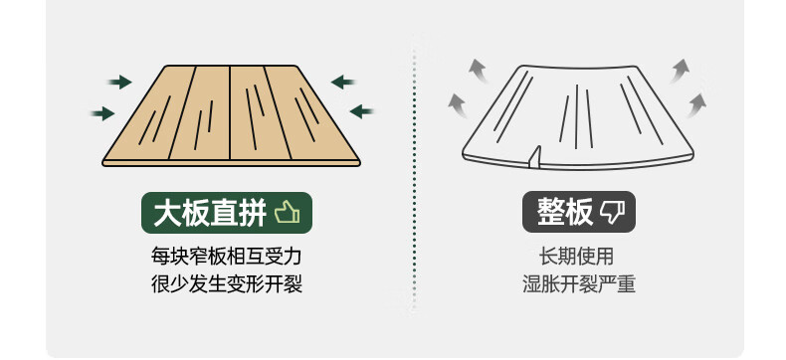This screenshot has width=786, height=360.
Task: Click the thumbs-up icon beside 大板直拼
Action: (x=288, y=212)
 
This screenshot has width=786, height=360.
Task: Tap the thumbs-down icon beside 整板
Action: (x=613, y=213)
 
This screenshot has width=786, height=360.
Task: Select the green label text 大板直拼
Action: (x=210, y=213)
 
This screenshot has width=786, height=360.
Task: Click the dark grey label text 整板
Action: (x=565, y=212)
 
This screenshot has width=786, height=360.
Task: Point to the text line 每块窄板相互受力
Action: (x=227, y=257)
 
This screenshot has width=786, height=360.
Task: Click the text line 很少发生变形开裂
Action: (x=227, y=284)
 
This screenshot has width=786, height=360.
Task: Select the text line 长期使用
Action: (x=576, y=257)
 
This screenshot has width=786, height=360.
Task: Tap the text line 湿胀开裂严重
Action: (x=579, y=284)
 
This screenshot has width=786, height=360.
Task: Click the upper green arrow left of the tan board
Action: (x=120, y=83)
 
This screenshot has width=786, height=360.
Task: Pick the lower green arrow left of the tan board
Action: (x=103, y=113)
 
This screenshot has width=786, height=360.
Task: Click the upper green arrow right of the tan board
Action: (x=343, y=82)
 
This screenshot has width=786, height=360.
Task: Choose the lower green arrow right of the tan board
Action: (x=361, y=111)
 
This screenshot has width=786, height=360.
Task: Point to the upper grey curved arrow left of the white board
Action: (x=479, y=70)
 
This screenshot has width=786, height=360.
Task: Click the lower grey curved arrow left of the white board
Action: (x=458, y=104)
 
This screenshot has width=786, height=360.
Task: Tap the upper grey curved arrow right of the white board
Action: (x=680, y=71)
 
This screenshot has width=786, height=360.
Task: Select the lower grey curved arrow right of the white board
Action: (x=696, y=105)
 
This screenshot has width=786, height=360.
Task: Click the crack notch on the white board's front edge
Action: (x=535, y=156)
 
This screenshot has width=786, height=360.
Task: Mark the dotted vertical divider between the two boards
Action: (x=414, y=173)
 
